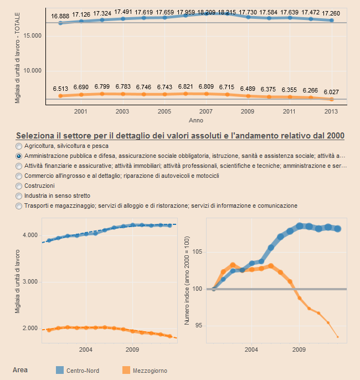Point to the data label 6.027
point(331,91)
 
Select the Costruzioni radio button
point(19,186)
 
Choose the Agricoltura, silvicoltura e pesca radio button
point(19,146)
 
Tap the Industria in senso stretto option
point(19,196)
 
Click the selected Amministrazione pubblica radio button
point(19,156)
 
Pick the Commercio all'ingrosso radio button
point(19,176)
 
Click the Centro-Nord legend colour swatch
point(60,370)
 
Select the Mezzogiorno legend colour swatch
point(125,370)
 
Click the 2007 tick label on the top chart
point(205,111)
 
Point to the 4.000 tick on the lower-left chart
point(30,235)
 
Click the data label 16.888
point(60,16)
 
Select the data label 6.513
point(60,89)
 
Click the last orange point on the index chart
point(338,337)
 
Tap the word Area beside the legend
point(20,369)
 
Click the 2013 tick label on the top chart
point(331,111)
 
